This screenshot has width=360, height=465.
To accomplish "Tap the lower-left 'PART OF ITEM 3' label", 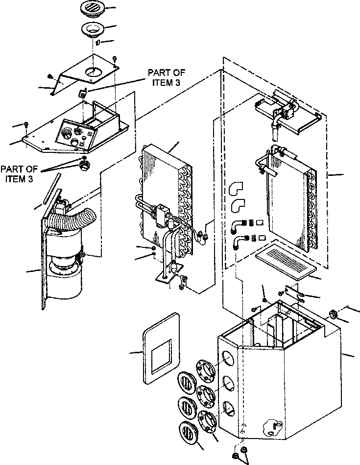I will (17, 173).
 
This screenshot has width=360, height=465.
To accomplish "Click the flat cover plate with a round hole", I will (86, 72).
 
